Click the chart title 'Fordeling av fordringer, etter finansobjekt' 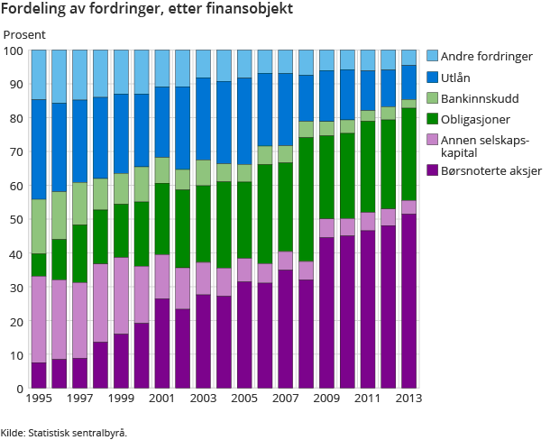click(x=146, y=10)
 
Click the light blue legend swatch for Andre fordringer click(x=432, y=56)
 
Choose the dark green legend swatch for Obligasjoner click(x=432, y=120)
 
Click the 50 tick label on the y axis click(x=15, y=220)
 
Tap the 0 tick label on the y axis click(x=19, y=389)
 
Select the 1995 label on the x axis click(x=39, y=398)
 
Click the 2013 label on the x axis click(x=408, y=398)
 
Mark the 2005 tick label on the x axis click(x=244, y=398)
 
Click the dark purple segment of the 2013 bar click(x=408, y=301)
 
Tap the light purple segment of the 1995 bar click(x=39, y=319)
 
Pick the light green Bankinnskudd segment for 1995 click(x=39, y=226)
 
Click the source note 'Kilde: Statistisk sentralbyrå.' click(x=64, y=432)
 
